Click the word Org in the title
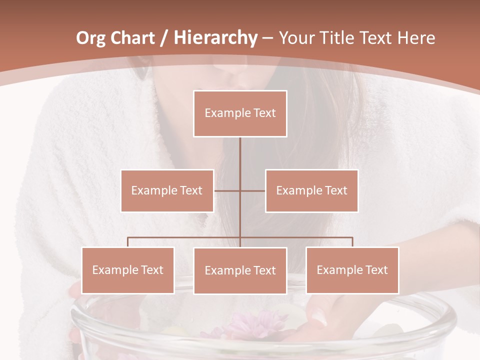pos(91,38)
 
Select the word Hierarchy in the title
pos(215,38)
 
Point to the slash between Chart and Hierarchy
pos(164,38)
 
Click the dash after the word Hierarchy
pos(267,38)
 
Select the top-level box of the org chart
pos(240,113)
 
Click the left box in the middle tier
pos(167,190)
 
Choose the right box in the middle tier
pos(312,190)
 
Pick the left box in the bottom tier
pos(128,270)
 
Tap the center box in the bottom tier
pos(240,270)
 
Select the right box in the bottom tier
pos(352,270)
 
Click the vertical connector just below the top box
pos(240,155)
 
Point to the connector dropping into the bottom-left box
pos(128,242)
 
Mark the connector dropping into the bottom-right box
pos(352,242)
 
